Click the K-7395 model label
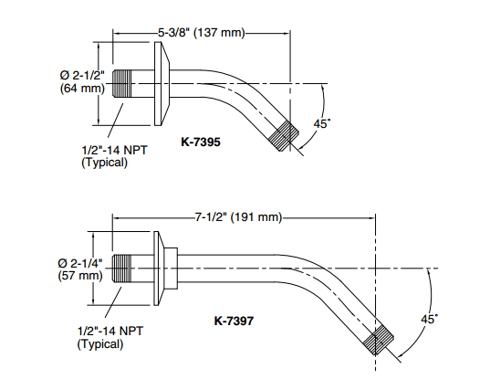coord(201,142)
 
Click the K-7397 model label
coord(234,321)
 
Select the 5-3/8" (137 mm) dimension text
coord(202,33)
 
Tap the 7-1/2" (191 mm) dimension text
coord(239,216)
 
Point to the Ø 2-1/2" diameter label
coord(82,76)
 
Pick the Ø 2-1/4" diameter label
coord(80,263)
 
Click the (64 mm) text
coord(82,89)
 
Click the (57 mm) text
coord(80,276)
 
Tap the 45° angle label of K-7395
coord(321,123)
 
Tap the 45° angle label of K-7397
coord(429,319)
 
